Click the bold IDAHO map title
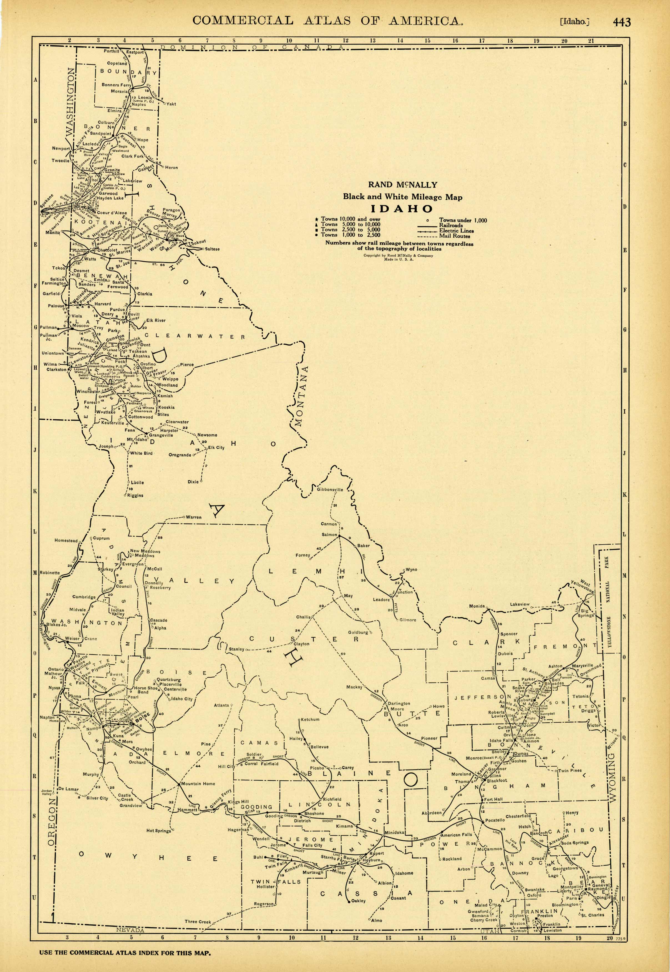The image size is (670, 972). (402, 209)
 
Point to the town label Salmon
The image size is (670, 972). (329, 534)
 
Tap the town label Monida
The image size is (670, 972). (477, 606)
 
